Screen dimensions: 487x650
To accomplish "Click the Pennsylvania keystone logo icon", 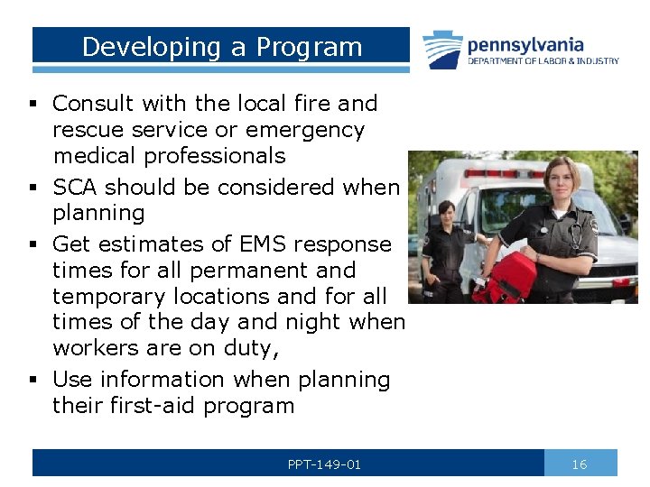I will coord(442,51).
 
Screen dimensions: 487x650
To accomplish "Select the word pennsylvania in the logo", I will coord(525,44).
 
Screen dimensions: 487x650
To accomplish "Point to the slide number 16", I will coord(580,464).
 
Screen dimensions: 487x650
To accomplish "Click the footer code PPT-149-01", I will coord(324,464).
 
